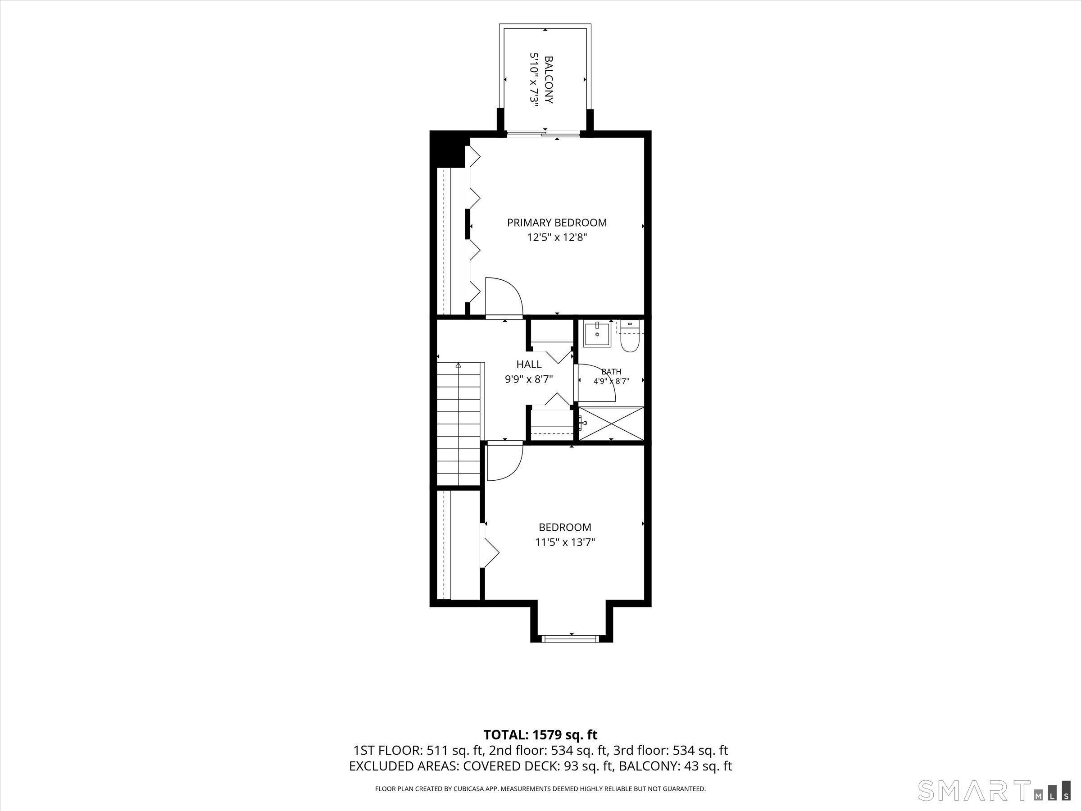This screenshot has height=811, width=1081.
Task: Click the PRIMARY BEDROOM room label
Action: pos(557,223)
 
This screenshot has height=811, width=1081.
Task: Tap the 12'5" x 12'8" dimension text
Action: pos(557,237)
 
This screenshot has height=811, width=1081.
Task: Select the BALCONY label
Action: pos(549,80)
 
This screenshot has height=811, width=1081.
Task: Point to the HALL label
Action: pos(529,364)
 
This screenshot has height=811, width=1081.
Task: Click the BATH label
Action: pos(611,372)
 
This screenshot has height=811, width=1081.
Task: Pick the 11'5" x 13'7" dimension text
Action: pos(565,542)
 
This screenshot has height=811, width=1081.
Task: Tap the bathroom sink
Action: pos(597,334)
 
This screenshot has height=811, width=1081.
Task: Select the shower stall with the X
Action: pos(611,424)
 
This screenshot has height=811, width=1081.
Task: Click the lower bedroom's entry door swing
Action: pos(505,461)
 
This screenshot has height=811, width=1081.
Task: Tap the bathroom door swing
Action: pos(596,383)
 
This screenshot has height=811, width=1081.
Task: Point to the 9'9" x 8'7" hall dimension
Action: pos(529,379)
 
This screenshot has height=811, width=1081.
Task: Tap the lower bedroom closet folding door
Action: pos(491,546)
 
